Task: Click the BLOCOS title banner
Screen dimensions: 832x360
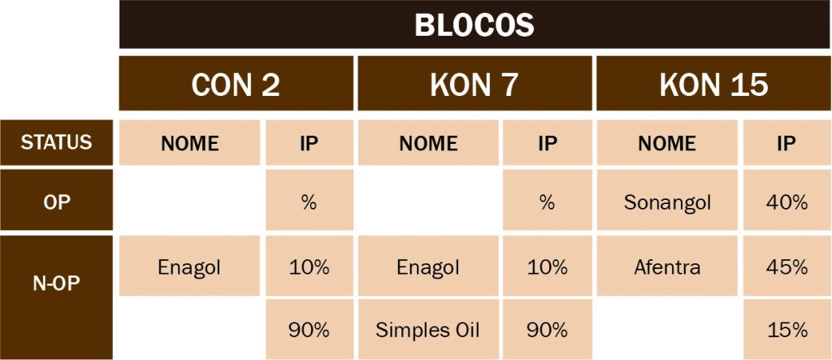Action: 474,24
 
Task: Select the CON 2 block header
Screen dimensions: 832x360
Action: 236,84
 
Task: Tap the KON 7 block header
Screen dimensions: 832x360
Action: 474,84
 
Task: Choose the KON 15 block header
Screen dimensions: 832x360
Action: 714,84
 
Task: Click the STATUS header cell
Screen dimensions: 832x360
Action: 56,142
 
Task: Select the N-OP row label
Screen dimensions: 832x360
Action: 56,297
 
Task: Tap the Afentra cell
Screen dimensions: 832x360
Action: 667,266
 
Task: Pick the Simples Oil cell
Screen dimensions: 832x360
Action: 428,330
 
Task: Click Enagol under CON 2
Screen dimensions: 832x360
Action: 189,266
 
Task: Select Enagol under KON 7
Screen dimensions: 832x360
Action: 428,266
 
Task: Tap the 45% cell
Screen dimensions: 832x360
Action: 787,266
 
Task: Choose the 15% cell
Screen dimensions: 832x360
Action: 787,330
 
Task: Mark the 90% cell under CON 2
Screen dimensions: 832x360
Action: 309,330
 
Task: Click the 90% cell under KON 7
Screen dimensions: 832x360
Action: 547,330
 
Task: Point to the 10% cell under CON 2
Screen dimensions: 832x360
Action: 309,266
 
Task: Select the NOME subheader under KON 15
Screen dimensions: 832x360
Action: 667,142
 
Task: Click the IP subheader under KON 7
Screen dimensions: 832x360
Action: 547,142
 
